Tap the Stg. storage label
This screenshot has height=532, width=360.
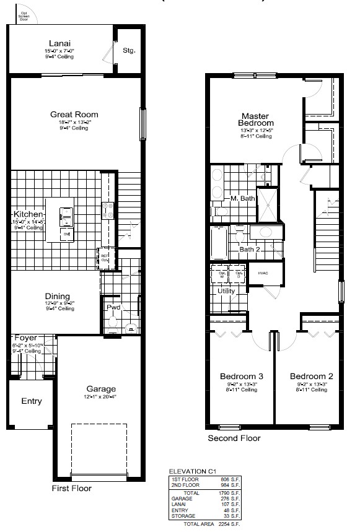(129, 50)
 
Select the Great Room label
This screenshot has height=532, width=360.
(74, 114)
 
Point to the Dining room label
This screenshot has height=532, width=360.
(57, 296)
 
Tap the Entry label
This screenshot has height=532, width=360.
(32, 401)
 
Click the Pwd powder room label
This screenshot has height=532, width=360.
(113, 307)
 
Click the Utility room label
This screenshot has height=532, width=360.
(226, 290)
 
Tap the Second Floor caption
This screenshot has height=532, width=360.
(234, 438)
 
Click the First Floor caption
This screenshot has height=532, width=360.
(71, 489)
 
